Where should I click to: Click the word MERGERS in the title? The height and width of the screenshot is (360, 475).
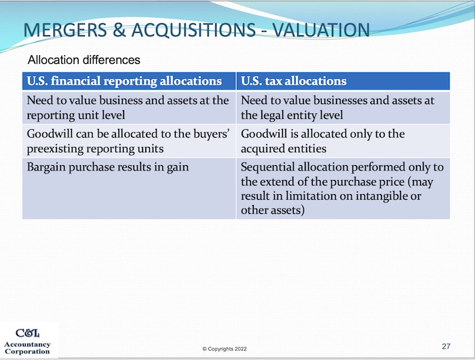[65, 30]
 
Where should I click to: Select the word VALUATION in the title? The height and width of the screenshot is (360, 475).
[321, 30]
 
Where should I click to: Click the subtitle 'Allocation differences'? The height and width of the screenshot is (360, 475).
[84, 60]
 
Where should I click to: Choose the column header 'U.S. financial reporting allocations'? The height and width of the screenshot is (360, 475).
[124, 81]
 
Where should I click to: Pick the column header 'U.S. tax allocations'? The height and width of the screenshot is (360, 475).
[294, 81]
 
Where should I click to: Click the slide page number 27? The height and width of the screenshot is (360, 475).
[446, 346]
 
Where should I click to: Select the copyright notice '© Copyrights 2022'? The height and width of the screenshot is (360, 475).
[225, 349]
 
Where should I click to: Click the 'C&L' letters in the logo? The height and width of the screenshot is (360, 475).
[28, 334]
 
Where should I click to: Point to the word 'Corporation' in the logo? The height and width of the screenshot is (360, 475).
[27, 351]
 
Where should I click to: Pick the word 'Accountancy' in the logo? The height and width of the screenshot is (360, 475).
[27, 344]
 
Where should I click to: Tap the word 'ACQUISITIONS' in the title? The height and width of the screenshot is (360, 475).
[193, 30]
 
